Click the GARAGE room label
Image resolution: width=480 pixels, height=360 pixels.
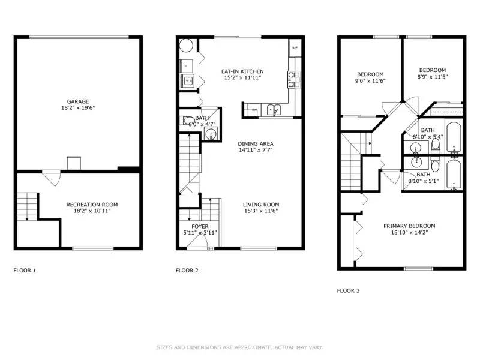[x=78, y=101]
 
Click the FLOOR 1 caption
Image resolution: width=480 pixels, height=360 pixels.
[x=25, y=271]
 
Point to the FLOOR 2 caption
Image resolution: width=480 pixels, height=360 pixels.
[x=187, y=271]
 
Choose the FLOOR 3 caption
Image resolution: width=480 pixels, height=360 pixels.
[x=348, y=291]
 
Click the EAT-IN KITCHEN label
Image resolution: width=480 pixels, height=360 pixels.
[x=242, y=71]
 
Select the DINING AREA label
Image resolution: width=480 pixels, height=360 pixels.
[x=256, y=144]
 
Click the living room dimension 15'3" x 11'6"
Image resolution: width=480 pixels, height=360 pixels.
[x=260, y=211]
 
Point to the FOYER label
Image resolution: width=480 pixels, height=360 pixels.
[x=200, y=226]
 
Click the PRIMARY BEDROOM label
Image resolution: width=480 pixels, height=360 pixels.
[x=409, y=226]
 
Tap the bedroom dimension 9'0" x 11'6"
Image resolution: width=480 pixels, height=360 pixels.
[x=370, y=80]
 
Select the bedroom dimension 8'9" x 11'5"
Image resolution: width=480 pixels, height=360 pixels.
[x=432, y=76]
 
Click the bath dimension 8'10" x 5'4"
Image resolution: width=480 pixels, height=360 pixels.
[x=427, y=137]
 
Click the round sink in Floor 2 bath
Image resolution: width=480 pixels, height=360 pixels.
[x=211, y=134]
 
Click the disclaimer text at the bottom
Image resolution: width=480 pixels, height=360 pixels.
[x=240, y=347]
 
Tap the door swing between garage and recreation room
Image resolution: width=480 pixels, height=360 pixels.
[x=52, y=178]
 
